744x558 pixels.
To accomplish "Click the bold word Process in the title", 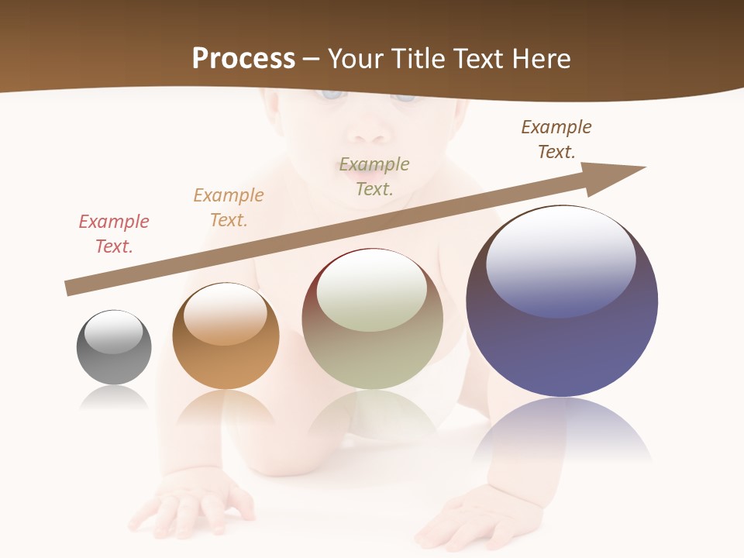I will (x=243, y=58).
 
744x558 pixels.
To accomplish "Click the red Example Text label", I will (x=114, y=233).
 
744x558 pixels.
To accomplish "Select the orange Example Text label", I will (x=229, y=207).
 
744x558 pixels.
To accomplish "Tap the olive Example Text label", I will (x=374, y=176).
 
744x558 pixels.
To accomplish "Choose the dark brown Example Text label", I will (x=556, y=139).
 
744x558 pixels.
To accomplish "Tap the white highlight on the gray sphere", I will (x=113, y=332).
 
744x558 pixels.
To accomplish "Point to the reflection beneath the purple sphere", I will (x=562, y=430).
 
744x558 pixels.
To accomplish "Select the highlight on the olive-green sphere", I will (x=372, y=291).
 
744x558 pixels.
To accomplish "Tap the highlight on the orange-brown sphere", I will (x=226, y=314).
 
